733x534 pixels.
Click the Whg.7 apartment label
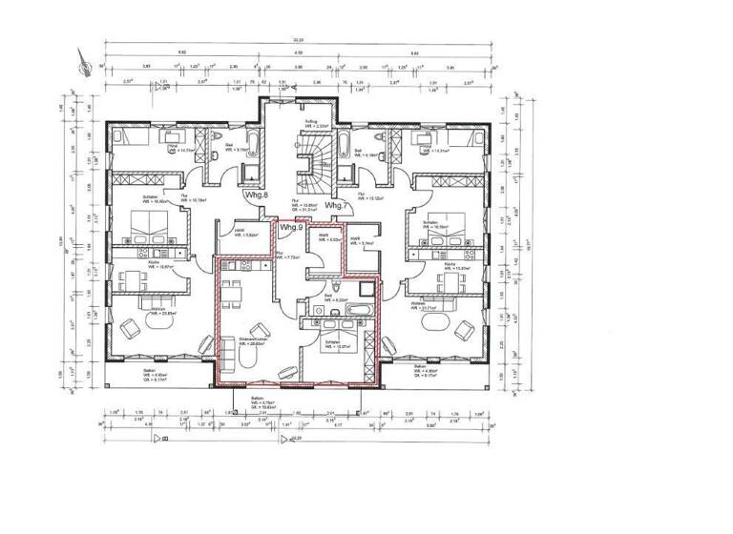coord(336,205)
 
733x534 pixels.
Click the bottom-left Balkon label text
coord(150,374)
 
